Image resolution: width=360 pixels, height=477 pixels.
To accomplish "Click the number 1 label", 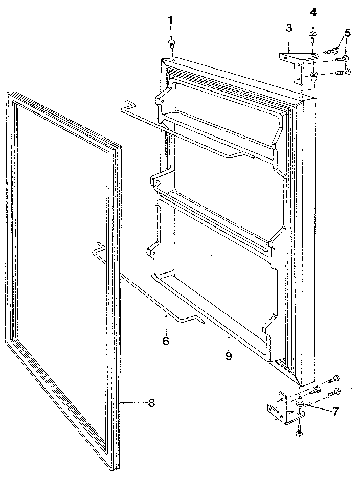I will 170,20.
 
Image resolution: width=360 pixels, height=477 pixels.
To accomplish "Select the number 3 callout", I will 289,28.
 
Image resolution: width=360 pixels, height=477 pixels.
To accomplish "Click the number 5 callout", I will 348,33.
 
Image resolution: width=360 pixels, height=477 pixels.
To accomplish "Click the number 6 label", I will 165,340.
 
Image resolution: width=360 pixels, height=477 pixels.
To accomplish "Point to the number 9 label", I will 229,356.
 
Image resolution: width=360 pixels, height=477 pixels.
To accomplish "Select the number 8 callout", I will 151,403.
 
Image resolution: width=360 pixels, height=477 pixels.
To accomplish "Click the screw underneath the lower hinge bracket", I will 298,433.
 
